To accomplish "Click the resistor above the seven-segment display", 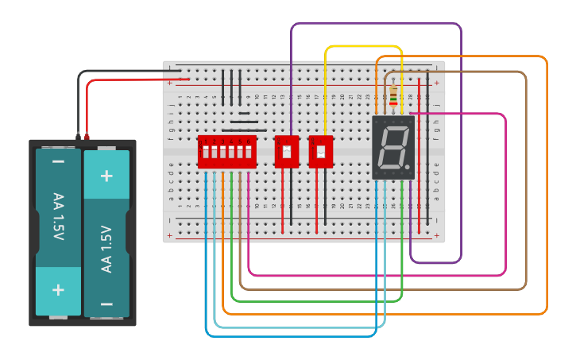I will pyautogui.click(x=393, y=95).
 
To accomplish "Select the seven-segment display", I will pyautogui.click(x=393, y=148).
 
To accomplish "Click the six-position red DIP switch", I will pyautogui.click(x=226, y=151).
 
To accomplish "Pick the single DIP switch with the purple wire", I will pyautogui.click(x=286, y=151).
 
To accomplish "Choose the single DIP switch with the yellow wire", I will pyautogui.click(x=321, y=151).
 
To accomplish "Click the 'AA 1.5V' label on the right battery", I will pyautogui.click(x=106, y=249).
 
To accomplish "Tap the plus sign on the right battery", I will pyautogui.click(x=106, y=176).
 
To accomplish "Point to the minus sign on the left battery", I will pyautogui.click(x=58, y=162).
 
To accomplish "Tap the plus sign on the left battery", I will pyautogui.click(x=58, y=290).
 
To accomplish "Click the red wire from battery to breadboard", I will pyautogui.click(x=119, y=79).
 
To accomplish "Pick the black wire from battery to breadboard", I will pyautogui.click(x=119, y=72).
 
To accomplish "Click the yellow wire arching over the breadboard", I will pyautogui.click(x=363, y=46).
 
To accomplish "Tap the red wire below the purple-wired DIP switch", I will pyautogui.click(x=282, y=199).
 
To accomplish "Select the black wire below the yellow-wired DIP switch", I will pyautogui.click(x=325, y=199).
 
